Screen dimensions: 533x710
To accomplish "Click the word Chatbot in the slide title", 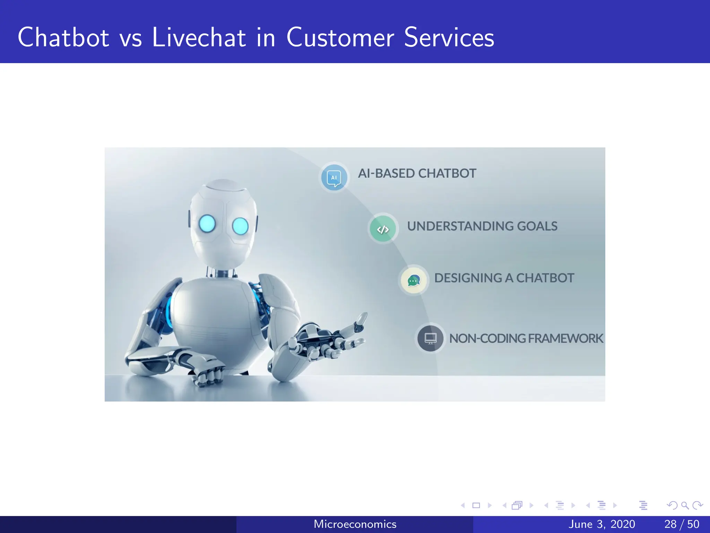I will click(63, 37).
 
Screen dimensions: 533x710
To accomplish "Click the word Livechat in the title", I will click(199, 37).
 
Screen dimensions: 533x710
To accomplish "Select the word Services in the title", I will click(449, 37).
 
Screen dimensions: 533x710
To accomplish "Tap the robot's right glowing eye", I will click(240, 226).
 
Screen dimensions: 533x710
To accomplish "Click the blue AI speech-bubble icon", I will click(334, 178).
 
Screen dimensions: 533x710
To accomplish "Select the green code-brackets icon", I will click(383, 229).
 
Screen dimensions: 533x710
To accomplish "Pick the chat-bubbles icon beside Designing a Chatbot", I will click(413, 280).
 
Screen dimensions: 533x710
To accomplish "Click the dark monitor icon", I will click(430, 338).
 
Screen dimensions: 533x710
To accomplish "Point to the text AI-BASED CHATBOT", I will click(417, 173).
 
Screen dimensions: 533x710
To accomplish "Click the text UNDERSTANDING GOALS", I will click(482, 226).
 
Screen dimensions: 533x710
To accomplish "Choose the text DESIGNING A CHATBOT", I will click(504, 278).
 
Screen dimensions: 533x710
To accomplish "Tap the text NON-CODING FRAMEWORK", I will click(526, 338).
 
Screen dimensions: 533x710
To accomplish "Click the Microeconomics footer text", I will click(355, 524).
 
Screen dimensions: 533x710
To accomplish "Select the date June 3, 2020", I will click(602, 524).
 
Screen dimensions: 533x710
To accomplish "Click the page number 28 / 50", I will click(682, 524).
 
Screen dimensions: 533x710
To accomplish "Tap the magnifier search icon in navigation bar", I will click(685, 506).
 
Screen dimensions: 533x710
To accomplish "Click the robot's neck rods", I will click(222, 272).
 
